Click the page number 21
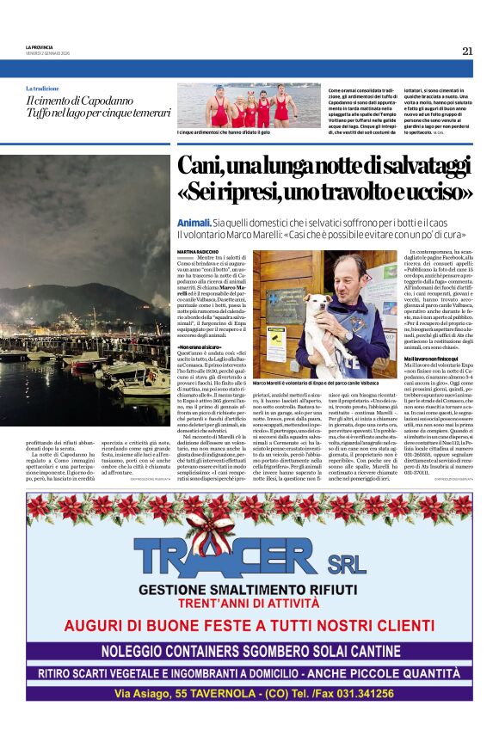pos(467,51)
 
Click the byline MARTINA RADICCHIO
pos(199,250)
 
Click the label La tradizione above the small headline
pos(43,89)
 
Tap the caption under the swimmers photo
pos(228,132)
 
